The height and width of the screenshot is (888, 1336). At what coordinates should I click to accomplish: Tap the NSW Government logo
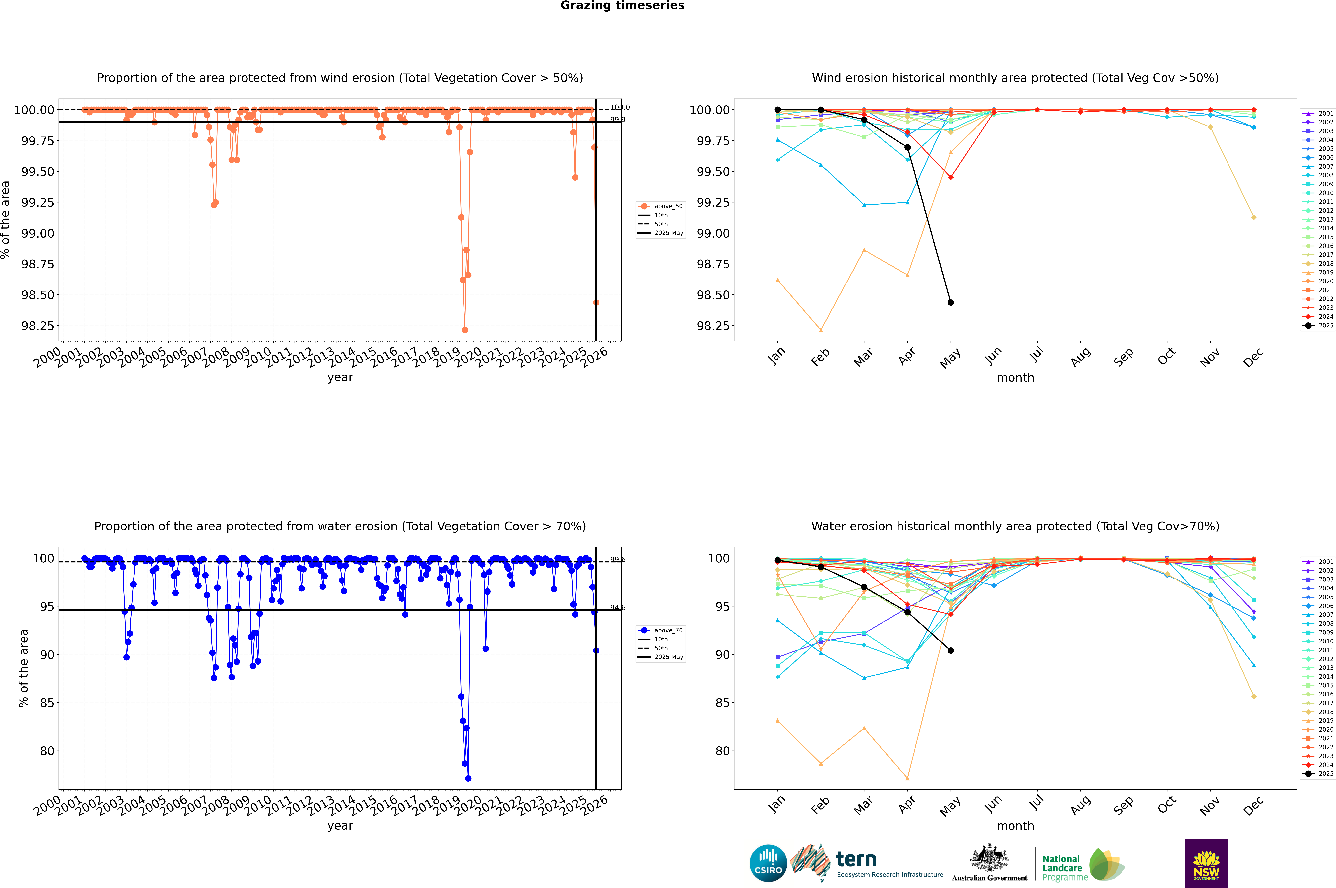[x=1206, y=863]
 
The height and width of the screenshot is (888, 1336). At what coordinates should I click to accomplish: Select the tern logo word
[x=856, y=860]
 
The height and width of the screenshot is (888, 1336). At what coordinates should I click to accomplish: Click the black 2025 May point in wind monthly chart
[x=950, y=302]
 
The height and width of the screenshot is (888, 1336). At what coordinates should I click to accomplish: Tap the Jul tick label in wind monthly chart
[x=1036, y=355]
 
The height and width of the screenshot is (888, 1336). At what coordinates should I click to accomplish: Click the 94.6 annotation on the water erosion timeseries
[x=617, y=608]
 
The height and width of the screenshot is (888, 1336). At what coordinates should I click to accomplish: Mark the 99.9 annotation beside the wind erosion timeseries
[x=617, y=119]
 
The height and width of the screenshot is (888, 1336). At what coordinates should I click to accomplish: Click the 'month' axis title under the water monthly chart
[x=1015, y=826]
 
